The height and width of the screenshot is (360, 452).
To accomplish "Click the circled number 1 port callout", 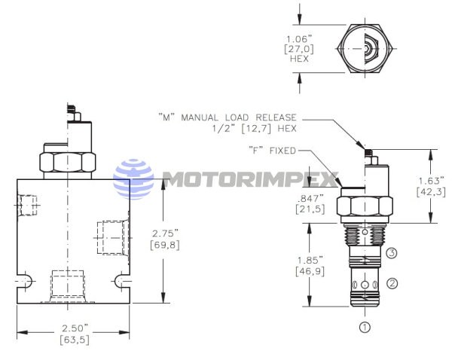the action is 365,328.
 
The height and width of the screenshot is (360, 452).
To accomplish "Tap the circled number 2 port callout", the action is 392,283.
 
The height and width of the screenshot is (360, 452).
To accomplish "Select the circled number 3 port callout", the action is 391,253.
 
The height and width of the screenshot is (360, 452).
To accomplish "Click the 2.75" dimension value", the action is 165,233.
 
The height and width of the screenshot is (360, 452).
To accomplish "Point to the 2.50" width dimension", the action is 75,328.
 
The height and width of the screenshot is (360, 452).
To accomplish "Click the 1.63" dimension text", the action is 431,181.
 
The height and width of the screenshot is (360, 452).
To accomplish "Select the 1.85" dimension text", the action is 310,261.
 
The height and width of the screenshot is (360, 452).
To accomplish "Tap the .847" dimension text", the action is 310,198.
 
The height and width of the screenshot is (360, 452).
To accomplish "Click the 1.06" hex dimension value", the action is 299,39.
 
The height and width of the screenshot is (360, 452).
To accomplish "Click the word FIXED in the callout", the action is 282,151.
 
